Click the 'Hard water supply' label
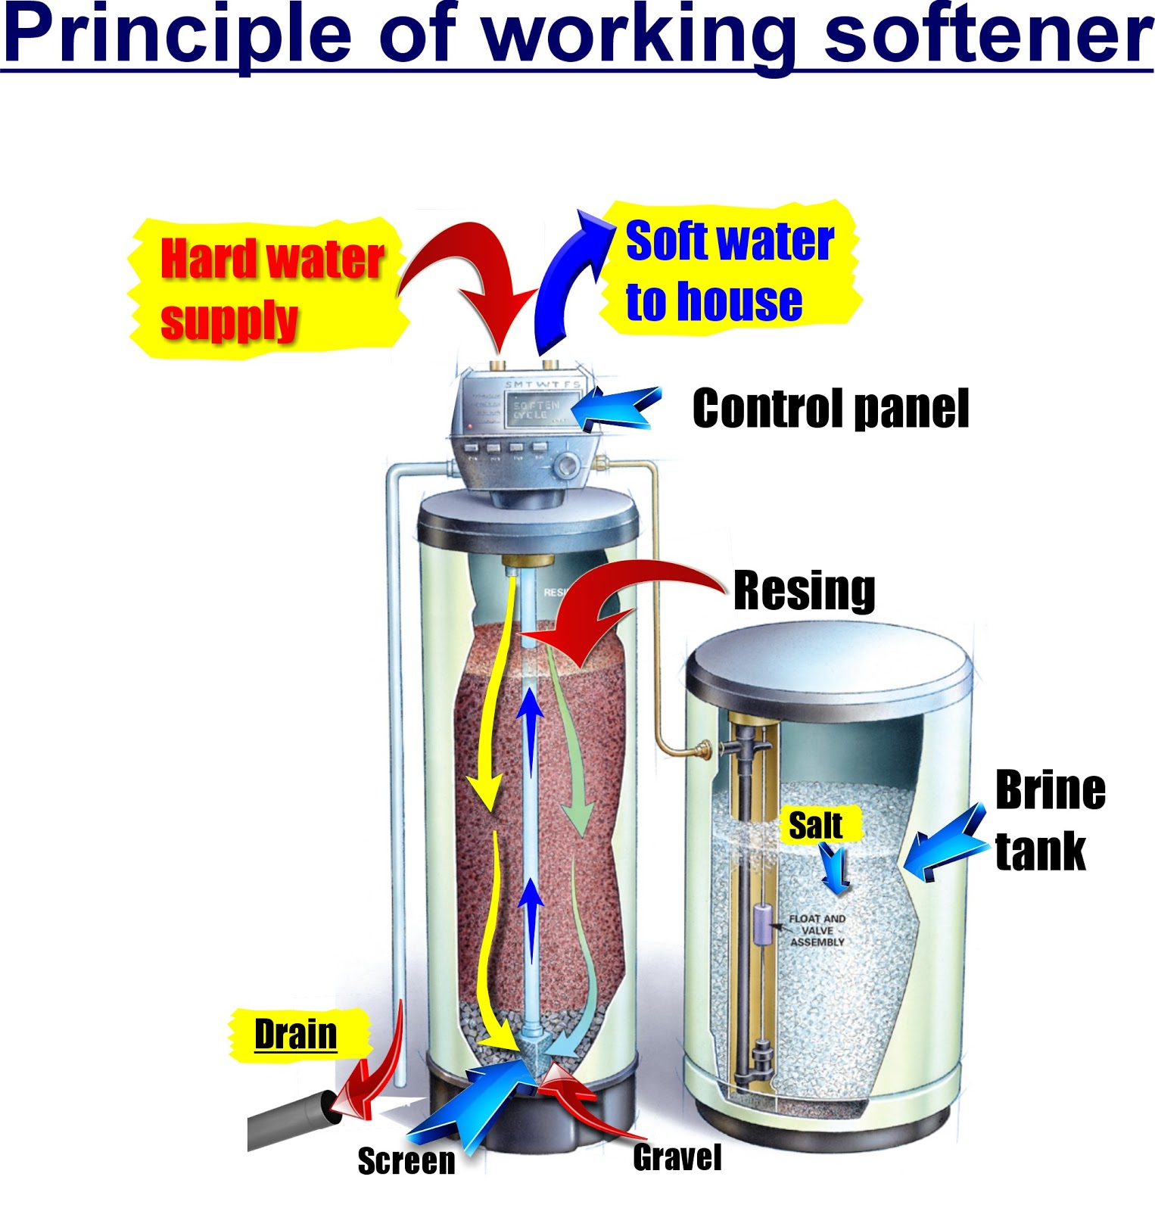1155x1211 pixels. [271, 290]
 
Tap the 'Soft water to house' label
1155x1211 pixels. [728, 270]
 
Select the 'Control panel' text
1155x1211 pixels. [830, 409]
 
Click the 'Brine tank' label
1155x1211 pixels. [1048, 820]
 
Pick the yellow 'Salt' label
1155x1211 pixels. [815, 825]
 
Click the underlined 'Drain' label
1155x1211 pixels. [295, 1034]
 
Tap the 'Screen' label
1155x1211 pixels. [406, 1161]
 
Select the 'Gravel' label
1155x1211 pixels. [677, 1157]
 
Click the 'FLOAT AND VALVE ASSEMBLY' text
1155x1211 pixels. [817, 930]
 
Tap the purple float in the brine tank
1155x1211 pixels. [761, 924]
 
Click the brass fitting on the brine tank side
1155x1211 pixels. [700, 751]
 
